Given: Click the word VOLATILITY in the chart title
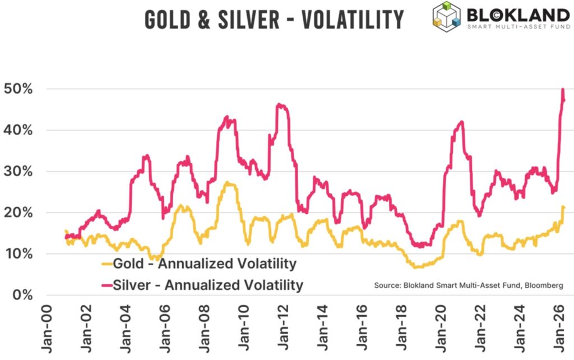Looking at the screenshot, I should click(353, 20).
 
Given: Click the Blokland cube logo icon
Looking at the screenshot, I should click(446, 15).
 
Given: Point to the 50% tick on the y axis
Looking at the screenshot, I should click(18, 89).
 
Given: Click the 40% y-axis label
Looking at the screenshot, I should click(18, 130).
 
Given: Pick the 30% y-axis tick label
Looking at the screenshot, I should click(18, 172).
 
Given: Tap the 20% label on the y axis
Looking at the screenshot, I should click(18, 213).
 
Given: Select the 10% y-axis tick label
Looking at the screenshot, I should click(18, 254).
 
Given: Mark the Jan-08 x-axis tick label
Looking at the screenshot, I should click(204, 331).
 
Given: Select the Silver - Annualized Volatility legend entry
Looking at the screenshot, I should click(202, 285).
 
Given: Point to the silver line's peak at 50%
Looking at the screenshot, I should click(562, 90).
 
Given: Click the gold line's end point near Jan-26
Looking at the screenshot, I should click(563, 208).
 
